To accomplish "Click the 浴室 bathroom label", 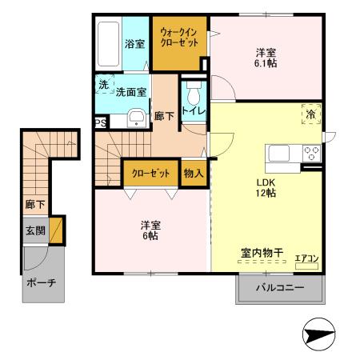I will point(134,45).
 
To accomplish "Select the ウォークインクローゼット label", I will point(180,38).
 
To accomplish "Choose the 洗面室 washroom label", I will point(130,93).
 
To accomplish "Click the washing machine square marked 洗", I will point(103,85).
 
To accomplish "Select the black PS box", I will point(101,122).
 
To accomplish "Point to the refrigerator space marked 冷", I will point(310,114).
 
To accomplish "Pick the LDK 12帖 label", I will point(266,187).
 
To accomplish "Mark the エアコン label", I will point(306,257).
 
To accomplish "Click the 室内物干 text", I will point(262,254).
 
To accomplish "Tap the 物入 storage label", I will point(193,172).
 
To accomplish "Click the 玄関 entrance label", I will point(34,231).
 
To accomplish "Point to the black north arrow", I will point(318,334).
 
